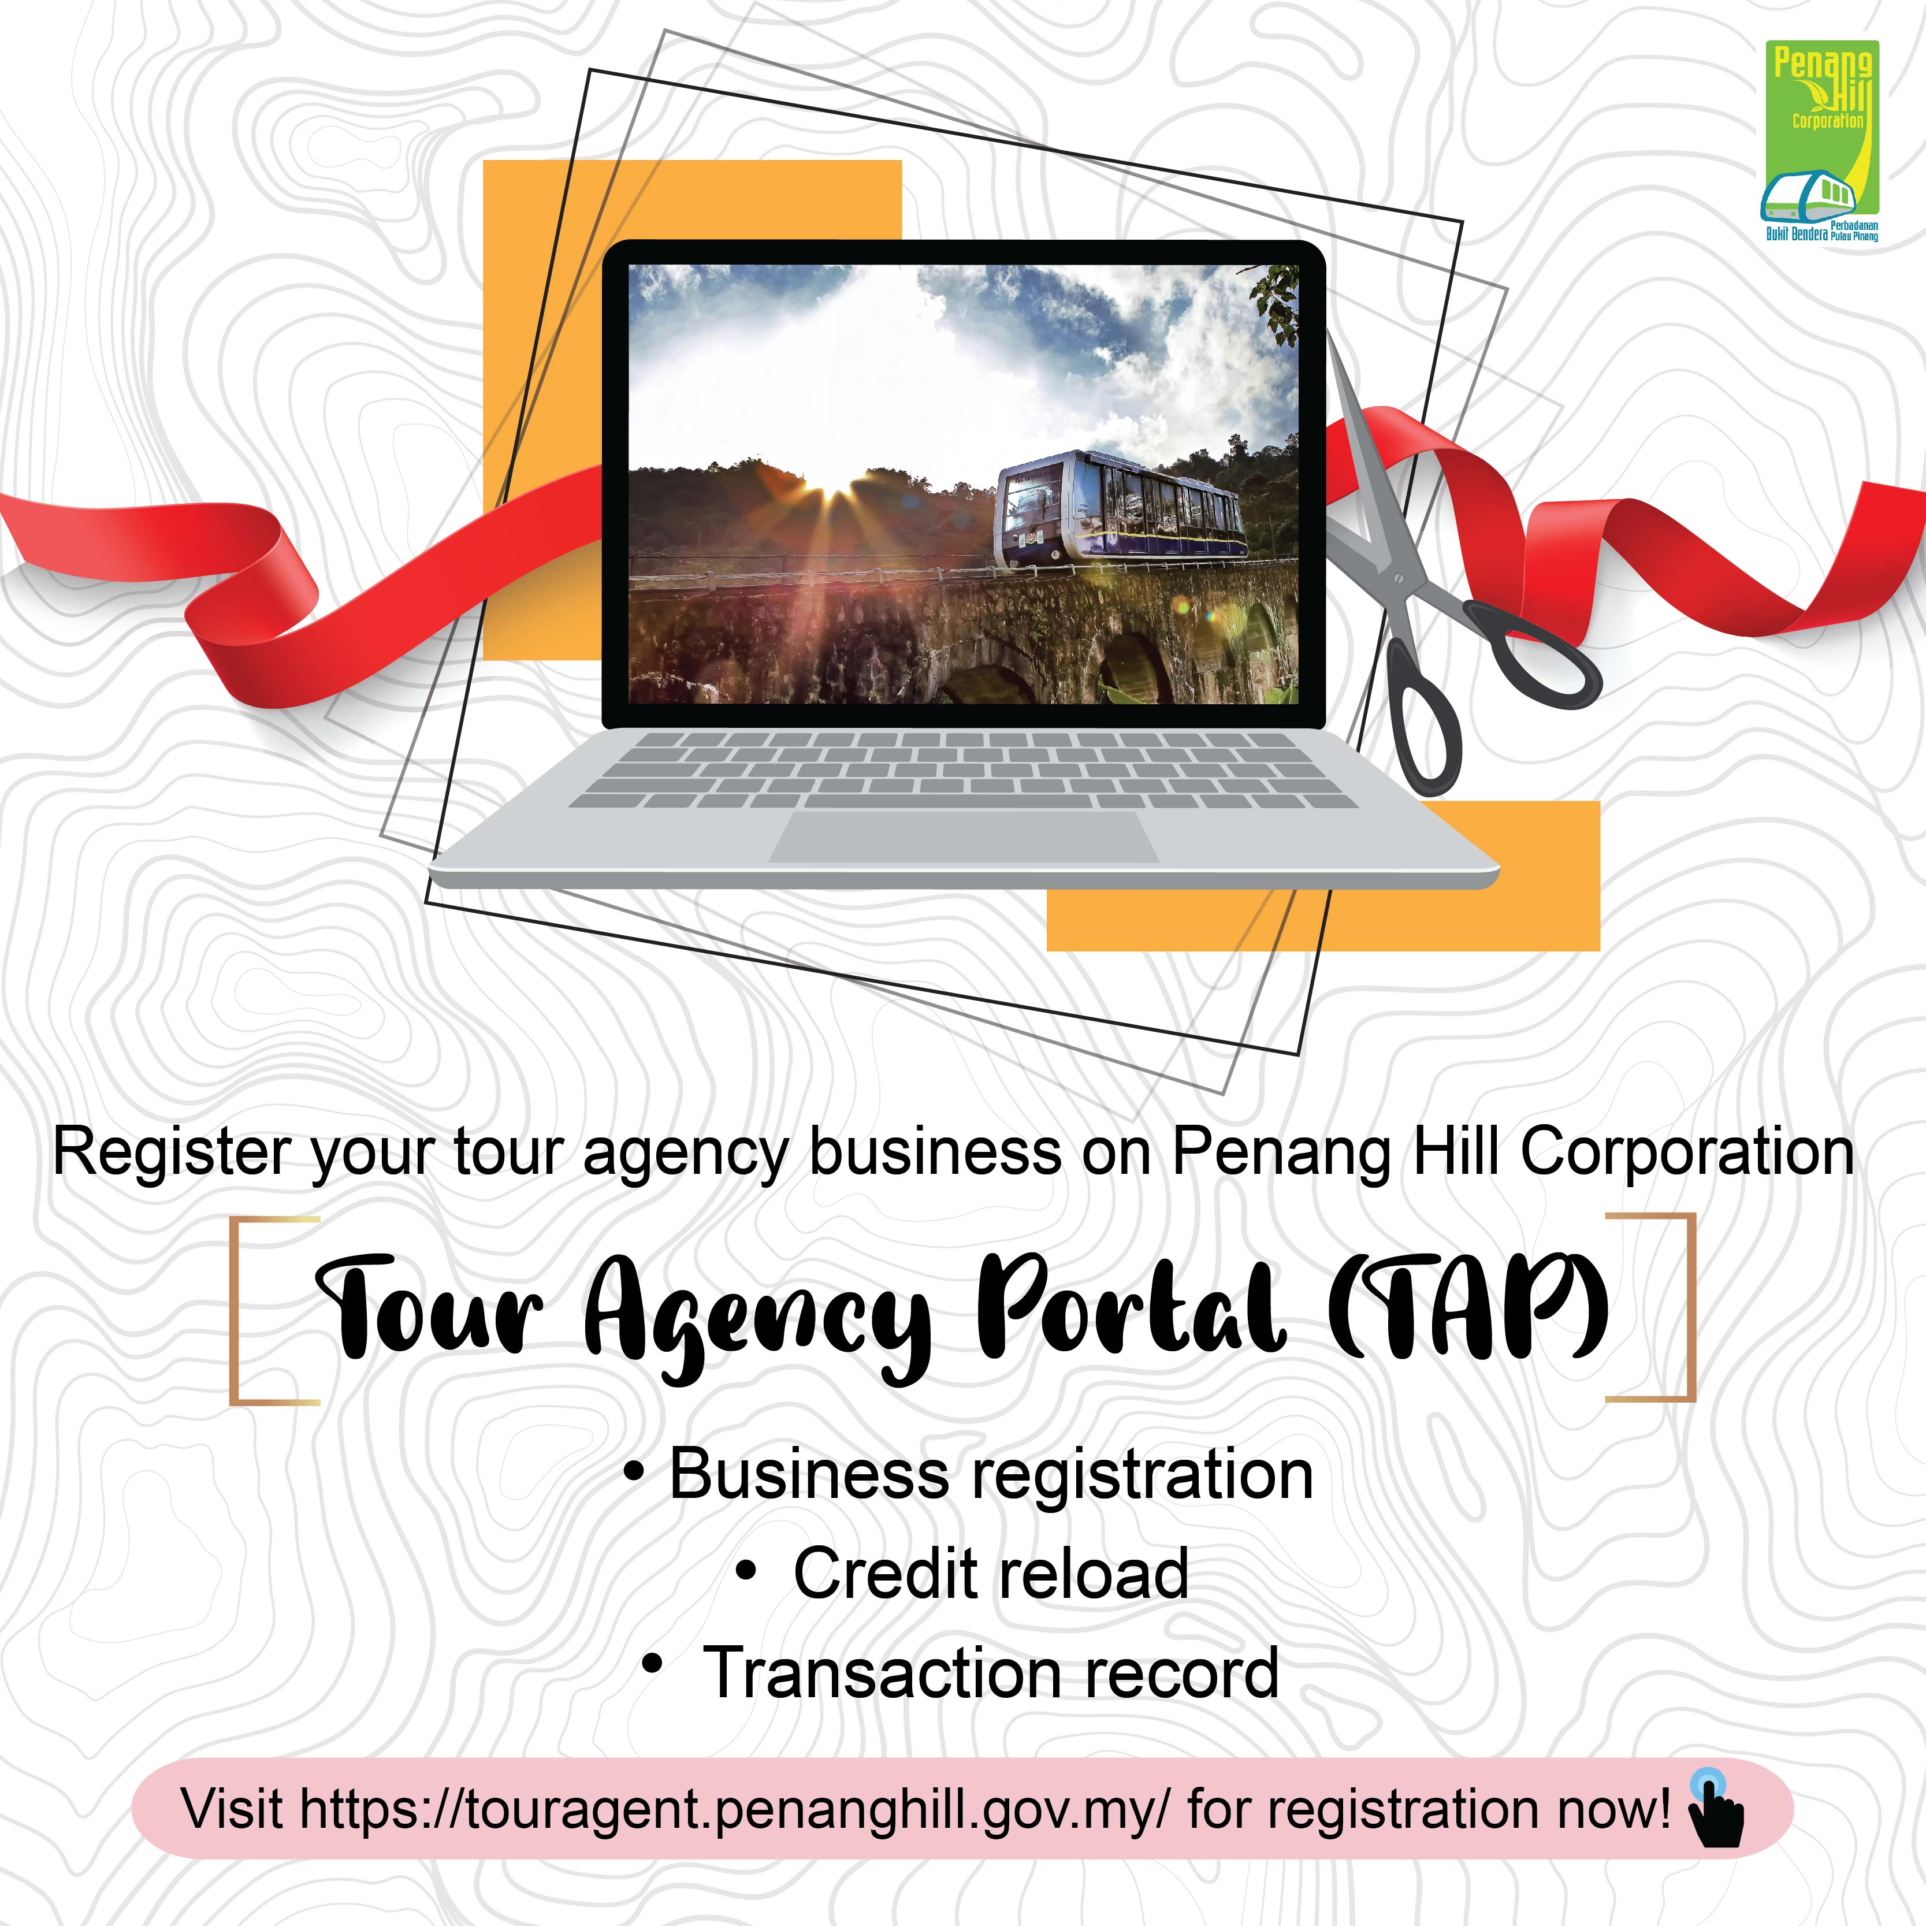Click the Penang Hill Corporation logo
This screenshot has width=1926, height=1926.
click(1820, 142)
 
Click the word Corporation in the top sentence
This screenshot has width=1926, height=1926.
click(1687, 1154)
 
